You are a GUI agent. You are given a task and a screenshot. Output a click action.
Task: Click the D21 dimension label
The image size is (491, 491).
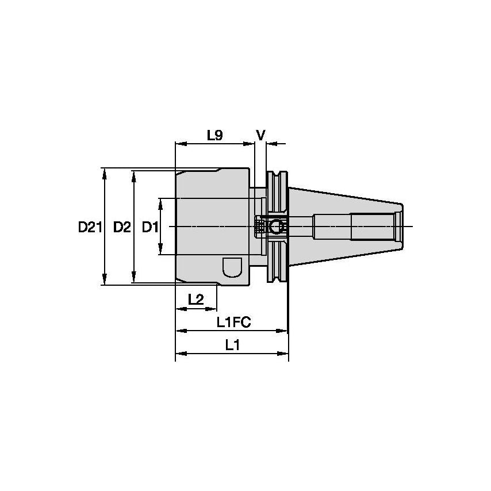coord(90,228)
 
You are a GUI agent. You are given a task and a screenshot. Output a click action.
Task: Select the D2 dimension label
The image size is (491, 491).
coord(121,228)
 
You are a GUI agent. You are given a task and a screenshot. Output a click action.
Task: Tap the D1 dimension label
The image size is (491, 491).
coord(149,228)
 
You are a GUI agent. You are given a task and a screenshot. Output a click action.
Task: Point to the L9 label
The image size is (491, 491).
coord(214,135)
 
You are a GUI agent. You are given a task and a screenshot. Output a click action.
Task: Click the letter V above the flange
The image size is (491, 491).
coord(260,135)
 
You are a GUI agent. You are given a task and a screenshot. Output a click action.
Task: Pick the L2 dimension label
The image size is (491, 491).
coord(196,299)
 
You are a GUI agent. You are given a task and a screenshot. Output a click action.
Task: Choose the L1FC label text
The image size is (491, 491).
coord(233,323)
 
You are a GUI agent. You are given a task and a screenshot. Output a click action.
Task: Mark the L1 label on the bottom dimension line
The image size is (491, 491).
coord(232,345)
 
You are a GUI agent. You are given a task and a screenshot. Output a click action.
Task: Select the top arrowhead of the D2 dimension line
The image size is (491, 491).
coord(134,174)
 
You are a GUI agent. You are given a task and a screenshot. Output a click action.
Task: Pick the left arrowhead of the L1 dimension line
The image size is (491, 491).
coord(179,352)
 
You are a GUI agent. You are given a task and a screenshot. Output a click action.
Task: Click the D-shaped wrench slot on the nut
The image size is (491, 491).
coord(231,268)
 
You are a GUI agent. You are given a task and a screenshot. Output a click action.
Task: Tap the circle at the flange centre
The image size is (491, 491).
coord(277,227)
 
